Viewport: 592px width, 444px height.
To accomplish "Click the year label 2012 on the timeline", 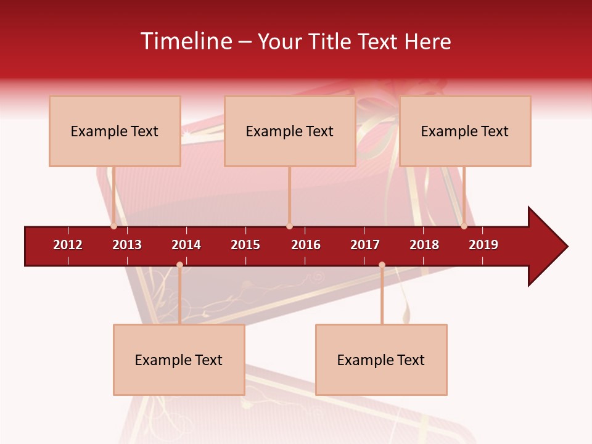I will (68, 245).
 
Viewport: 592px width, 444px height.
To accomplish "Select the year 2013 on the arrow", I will (127, 245).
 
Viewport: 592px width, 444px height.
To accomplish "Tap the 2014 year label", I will (186, 245).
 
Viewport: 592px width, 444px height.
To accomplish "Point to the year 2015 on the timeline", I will (245, 245).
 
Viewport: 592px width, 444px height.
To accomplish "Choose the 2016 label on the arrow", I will (306, 245).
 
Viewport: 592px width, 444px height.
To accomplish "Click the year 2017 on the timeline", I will (365, 245).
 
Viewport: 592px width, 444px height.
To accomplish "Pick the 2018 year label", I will (424, 245).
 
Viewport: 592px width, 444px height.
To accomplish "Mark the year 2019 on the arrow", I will (483, 245).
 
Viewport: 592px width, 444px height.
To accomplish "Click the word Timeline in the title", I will (186, 41).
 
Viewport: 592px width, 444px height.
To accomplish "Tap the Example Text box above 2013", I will (115, 131).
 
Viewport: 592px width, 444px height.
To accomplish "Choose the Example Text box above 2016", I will (290, 131).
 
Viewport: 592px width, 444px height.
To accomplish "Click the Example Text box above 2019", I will (465, 131).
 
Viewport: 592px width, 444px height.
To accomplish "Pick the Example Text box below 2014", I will (179, 360).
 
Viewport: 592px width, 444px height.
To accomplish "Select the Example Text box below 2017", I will (381, 360).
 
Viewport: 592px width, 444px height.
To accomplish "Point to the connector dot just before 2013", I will (113, 226).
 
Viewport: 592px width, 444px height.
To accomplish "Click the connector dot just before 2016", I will (289, 226).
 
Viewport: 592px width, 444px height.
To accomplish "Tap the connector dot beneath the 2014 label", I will (179, 265).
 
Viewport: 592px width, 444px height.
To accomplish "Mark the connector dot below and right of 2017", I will (382, 265).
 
